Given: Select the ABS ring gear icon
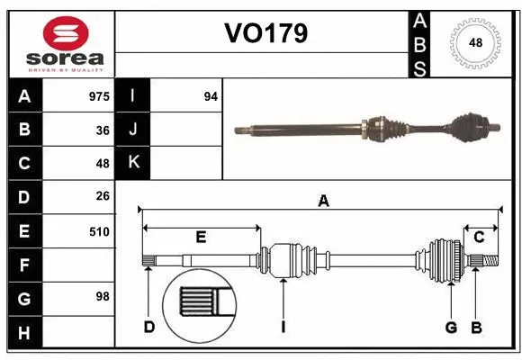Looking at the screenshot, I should [x=473, y=42].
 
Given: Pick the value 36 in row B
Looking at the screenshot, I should [x=102, y=130].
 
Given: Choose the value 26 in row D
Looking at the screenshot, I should [x=102, y=196].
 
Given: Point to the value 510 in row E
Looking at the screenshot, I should [x=99, y=231].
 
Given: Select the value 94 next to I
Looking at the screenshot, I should [x=211, y=95].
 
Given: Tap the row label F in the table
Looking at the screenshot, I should [x=24, y=265].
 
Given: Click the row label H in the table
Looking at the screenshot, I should [x=24, y=333].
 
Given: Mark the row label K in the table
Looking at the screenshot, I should [x=133, y=163].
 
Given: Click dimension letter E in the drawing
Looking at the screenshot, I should [x=201, y=237].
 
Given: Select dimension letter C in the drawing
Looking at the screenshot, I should [x=479, y=237].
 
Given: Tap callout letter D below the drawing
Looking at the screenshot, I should [x=149, y=327].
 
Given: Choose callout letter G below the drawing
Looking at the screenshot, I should [x=452, y=327].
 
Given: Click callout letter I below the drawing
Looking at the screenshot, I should [x=283, y=327].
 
